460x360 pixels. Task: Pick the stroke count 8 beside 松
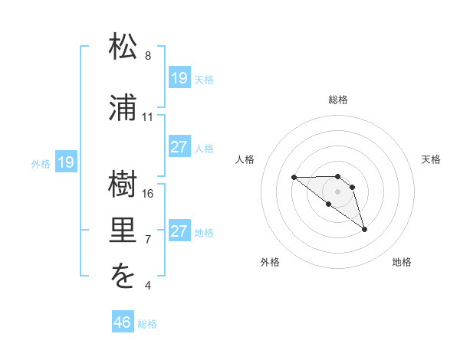(x=148, y=56)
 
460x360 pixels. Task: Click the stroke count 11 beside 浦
(x=148, y=117)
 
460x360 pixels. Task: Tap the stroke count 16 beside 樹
(x=148, y=194)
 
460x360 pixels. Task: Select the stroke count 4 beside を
(x=148, y=286)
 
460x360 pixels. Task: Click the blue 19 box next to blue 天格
(x=179, y=77)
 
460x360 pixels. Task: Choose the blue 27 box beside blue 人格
(x=179, y=146)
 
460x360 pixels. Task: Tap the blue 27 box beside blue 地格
(x=179, y=231)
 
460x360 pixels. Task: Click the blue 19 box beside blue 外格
(x=66, y=162)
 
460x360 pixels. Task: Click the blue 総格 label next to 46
(x=147, y=324)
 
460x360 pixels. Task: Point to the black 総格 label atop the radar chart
(x=338, y=100)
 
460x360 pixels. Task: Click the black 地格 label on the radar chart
(x=402, y=263)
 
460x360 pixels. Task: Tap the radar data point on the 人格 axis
(x=294, y=177)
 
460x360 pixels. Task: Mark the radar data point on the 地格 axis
(x=364, y=228)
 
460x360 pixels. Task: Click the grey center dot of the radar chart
(x=338, y=191)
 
